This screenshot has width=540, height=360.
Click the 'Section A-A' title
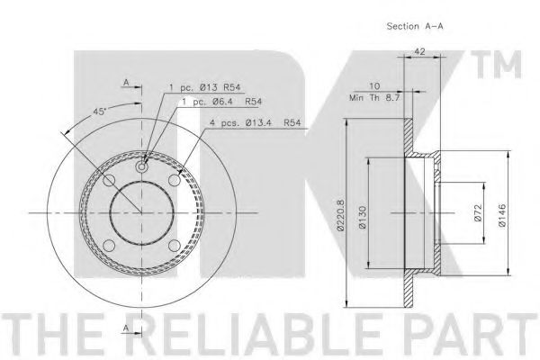(415, 26)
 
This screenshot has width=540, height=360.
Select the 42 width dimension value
(419, 51)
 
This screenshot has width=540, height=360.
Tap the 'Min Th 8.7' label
(374, 98)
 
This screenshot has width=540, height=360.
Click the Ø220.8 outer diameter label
(340, 214)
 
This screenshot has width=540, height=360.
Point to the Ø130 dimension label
(363, 218)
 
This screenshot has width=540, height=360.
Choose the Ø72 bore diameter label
(478, 213)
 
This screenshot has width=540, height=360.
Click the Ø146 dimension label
(502, 215)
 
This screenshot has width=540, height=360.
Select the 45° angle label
(100, 112)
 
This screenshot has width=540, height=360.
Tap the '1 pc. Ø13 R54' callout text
(204, 87)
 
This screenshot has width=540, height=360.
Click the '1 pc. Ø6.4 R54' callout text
(221, 102)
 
